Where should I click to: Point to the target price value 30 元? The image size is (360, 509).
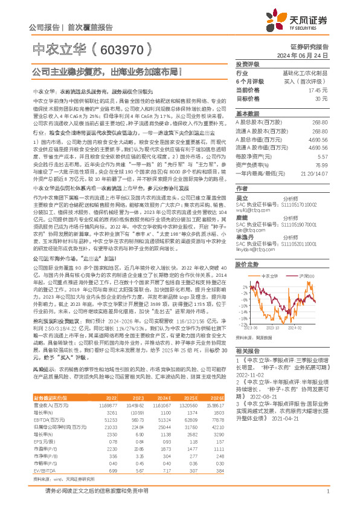[x=321, y=98]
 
